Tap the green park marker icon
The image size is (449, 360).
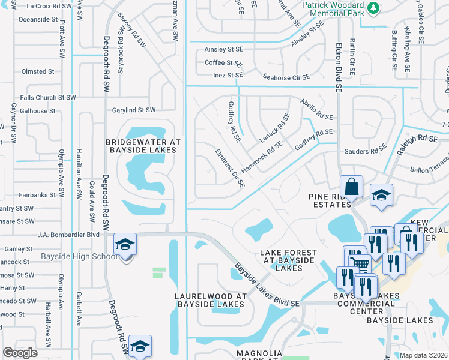(x=373, y=7)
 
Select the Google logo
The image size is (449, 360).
(x=20, y=352)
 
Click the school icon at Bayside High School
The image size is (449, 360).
(x=125, y=245)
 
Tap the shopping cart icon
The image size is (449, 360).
(x=359, y=262)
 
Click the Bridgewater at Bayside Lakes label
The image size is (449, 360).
(x=143, y=146)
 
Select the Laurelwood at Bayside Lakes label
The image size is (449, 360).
(x=210, y=301)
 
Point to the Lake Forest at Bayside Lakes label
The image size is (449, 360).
(x=286, y=260)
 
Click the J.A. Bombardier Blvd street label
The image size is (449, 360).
(x=68, y=235)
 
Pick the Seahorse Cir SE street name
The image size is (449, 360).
(x=278, y=77)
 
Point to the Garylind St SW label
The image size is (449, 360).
(x=134, y=110)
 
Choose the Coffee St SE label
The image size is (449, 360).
(x=223, y=62)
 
